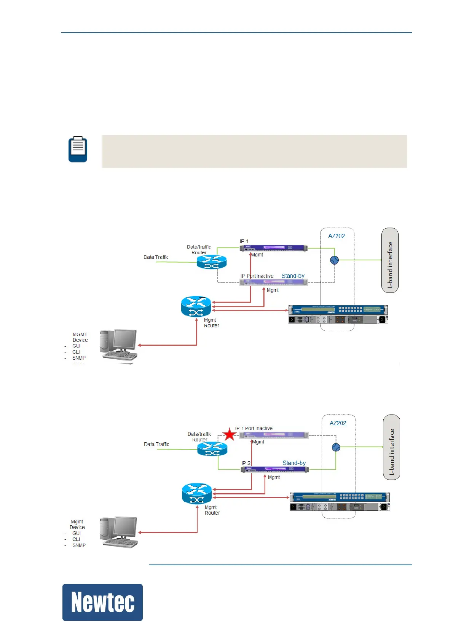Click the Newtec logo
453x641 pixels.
[x=102, y=602]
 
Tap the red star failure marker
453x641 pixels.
[x=229, y=434]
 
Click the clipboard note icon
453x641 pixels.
[x=78, y=149]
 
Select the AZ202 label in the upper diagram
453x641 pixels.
[x=337, y=236]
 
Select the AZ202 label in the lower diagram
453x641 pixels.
[x=338, y=423]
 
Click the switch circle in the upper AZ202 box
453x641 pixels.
[x=334, y=260]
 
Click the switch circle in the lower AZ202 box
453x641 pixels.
[x=336, y=447]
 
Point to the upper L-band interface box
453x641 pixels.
[x=390, y=260]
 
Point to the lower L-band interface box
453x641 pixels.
[x=391, y=447]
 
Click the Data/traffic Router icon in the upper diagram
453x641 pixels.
[x=212, y=262]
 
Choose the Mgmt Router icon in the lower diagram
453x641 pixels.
[x=197, y=494]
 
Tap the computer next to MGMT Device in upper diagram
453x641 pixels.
[x=118, y=345]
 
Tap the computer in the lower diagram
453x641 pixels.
[x=118, y=532]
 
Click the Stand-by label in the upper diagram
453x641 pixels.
[x=293, y=276]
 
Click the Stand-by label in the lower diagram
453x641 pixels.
[x=294, y=463]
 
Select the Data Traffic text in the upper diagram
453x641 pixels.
[x=156, y=257]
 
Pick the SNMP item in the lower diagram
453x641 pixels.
[x=79, y=545]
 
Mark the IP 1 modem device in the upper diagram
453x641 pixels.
[x=273, y=248]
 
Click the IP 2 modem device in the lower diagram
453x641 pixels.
[x=274, y=469]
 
